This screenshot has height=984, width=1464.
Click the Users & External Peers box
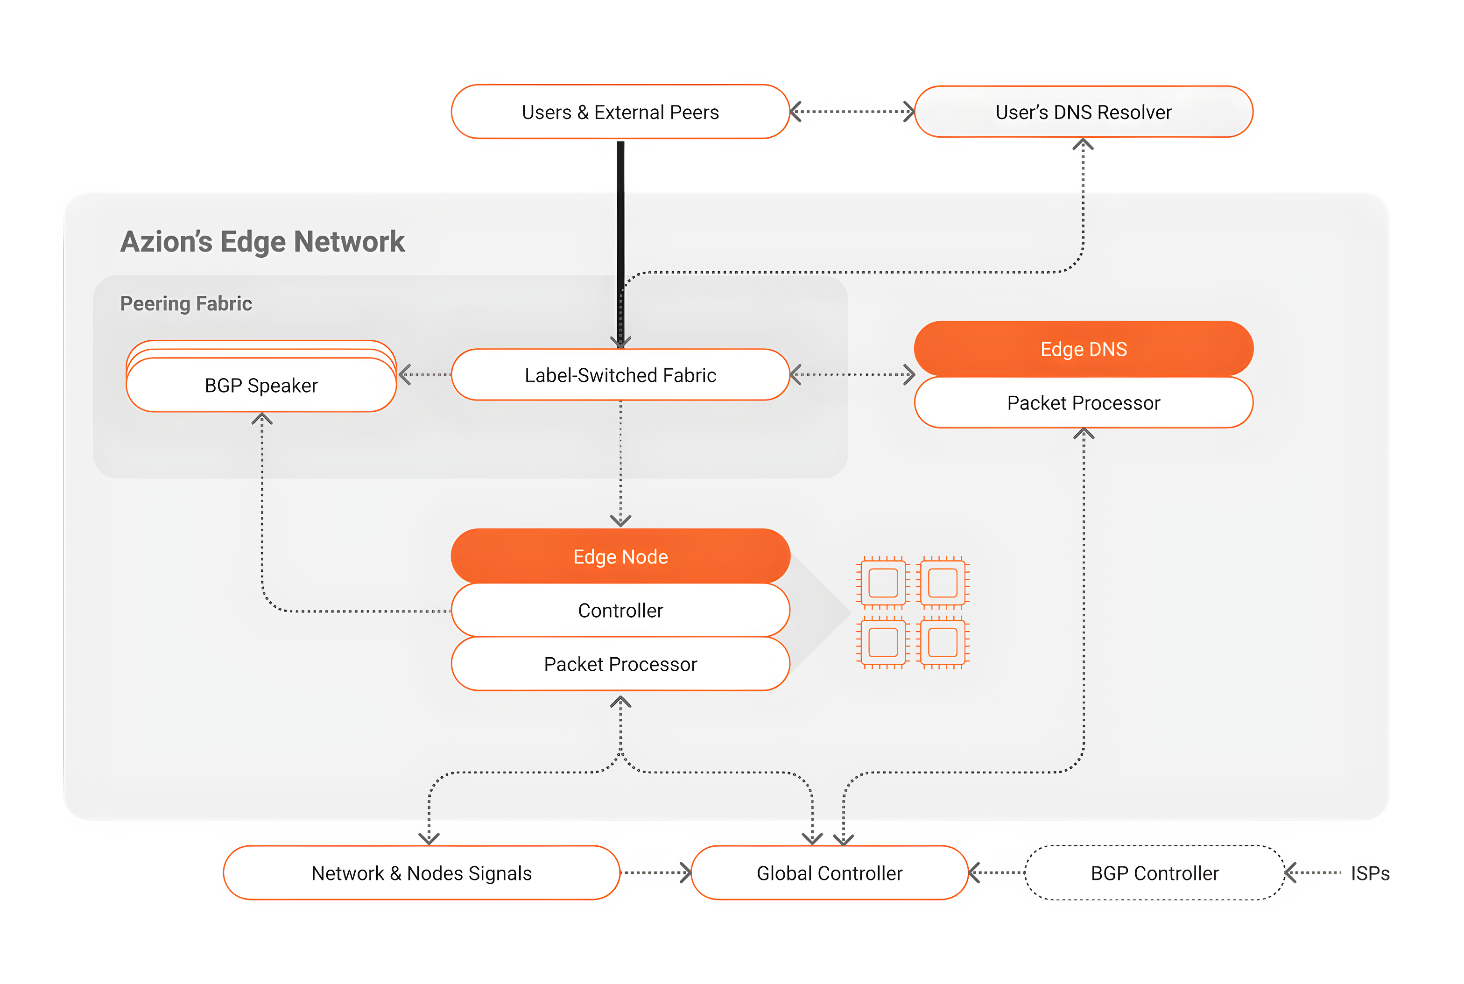[620, 112]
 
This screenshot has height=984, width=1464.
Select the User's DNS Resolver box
[1084, 112]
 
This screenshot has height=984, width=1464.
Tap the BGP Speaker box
[261, 384]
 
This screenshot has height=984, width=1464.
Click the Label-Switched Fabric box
[620, 375]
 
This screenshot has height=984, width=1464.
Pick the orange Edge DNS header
[1084, 349]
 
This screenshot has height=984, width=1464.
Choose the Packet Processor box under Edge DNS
[1084, 402]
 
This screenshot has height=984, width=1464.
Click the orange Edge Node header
[620, 556]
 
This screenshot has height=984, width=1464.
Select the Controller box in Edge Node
[620, 610]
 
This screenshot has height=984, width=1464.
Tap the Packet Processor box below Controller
[620, 664]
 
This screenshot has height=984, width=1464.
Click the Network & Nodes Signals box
[422, 873]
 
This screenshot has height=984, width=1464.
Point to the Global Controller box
[830, 873]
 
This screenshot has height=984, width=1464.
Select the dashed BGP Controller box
[1154, 873]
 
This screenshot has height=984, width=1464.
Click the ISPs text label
[1370, 873]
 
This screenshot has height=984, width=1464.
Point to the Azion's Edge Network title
[262, 242]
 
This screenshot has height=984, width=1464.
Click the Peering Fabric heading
[186, 304]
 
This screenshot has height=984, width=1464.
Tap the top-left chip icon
[883, 583]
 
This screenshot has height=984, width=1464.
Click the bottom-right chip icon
[943, 642]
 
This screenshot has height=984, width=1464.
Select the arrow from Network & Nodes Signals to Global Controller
[655, 873]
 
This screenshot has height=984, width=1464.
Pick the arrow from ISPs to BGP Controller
[1313, 873]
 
